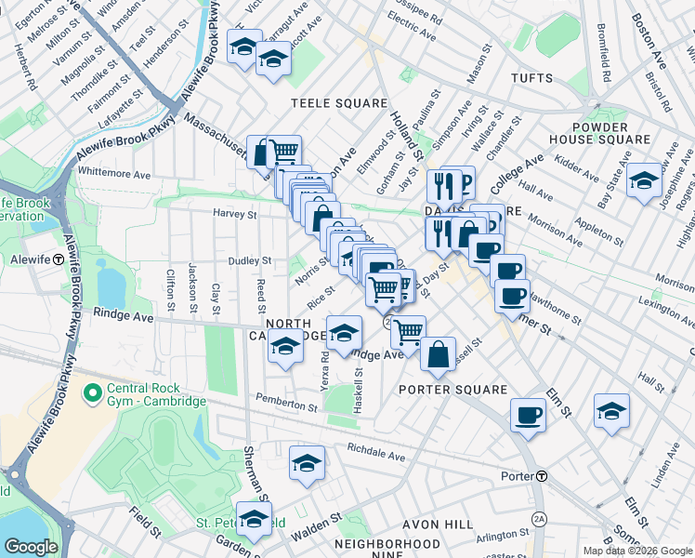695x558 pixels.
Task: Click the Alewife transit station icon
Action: (58, 259)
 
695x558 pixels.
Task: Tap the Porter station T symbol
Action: (541, 476)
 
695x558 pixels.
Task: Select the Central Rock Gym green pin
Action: (91, 393)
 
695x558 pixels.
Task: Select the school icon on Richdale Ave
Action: (307, 462)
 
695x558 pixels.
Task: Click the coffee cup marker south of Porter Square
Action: (529, 415)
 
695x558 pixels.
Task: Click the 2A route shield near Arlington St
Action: (538, 518)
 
